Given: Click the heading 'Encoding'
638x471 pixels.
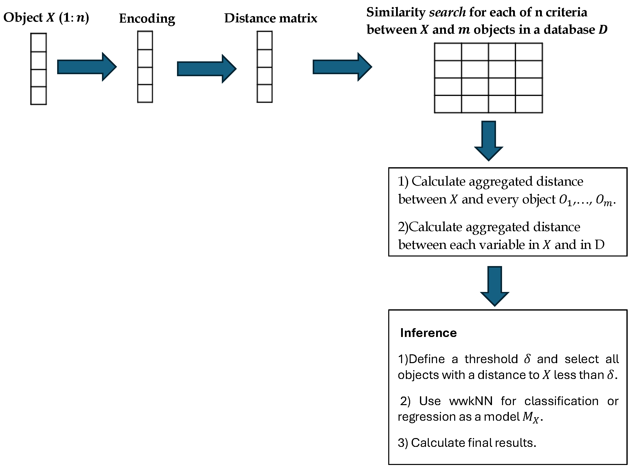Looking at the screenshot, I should (x=147, y=19).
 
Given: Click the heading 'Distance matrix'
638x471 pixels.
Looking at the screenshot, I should (x=270, y=18).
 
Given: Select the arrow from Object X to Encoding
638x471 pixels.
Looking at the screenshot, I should (x=87, y=67).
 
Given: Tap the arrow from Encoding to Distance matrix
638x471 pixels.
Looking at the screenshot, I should (x=206, y=69).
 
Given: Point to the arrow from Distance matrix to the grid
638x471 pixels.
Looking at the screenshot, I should (x=342, y=67).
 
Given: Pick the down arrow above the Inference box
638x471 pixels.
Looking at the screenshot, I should (x=494, y=286).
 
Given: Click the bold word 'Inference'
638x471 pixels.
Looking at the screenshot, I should (x=428, y=333).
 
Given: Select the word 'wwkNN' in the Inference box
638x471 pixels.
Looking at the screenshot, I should (x=471, y=401).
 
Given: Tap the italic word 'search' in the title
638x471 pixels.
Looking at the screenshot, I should (x=447, y=12).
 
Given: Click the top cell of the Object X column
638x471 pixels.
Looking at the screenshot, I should (x=39, y=42).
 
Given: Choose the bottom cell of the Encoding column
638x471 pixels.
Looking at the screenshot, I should (x=145, y=93).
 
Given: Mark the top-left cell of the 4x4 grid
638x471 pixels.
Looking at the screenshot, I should (x=448, y=52).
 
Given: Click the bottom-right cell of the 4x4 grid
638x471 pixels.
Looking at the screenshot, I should (x=529, y=104).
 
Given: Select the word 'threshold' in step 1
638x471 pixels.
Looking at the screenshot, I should (x=491, y=359).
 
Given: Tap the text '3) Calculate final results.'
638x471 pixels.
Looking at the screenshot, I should (x=467, y=443).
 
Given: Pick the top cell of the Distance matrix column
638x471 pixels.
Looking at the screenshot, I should (x=264, y=40).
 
